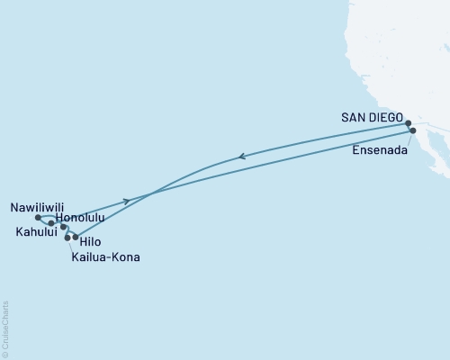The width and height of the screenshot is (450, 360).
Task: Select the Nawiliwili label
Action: [36, 206]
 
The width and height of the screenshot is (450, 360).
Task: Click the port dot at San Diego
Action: [408, 123]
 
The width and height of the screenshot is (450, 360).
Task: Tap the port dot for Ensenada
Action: [413, 130]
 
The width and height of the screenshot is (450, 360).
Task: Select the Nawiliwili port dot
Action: [37, 217]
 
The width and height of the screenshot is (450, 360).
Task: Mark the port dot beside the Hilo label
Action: [76, 238]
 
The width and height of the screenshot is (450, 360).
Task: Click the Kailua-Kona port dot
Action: [67, 238]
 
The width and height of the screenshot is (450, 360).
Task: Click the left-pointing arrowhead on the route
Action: [240, 157]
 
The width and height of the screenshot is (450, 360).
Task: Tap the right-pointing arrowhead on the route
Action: [127, 200]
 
